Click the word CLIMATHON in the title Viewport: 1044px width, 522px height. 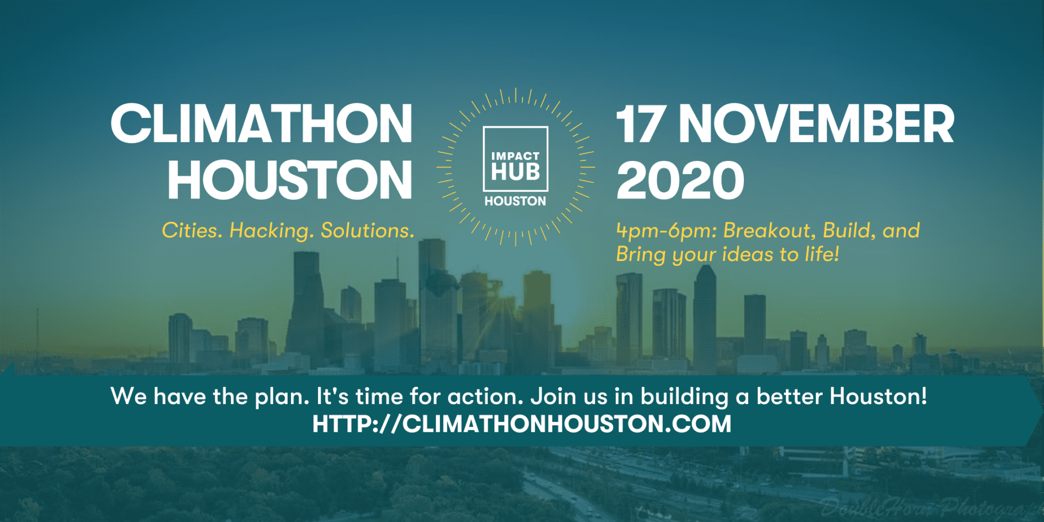262,124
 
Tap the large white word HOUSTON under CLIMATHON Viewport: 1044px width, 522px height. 290,180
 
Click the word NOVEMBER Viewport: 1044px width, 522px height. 816,124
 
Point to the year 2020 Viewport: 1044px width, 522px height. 680,180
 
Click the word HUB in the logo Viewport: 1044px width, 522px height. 515,172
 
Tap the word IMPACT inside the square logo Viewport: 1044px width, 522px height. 515,156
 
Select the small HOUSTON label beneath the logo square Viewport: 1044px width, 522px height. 515,201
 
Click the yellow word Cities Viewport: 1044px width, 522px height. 192,231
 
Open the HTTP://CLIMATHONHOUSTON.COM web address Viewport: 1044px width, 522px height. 522,424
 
